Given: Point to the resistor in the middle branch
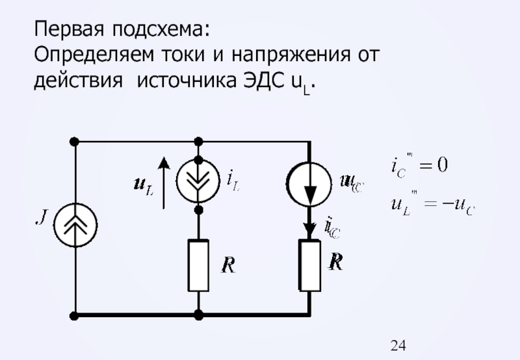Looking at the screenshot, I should (x=199, y=265).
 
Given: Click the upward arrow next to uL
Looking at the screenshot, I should (x=164, y=183).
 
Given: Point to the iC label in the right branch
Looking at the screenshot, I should (x=332, y=227).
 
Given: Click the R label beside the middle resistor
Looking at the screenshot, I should (x=227, y=265).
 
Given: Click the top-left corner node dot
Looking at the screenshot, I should (x=75, y=141).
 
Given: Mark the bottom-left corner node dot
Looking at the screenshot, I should (x=75, y=316).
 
